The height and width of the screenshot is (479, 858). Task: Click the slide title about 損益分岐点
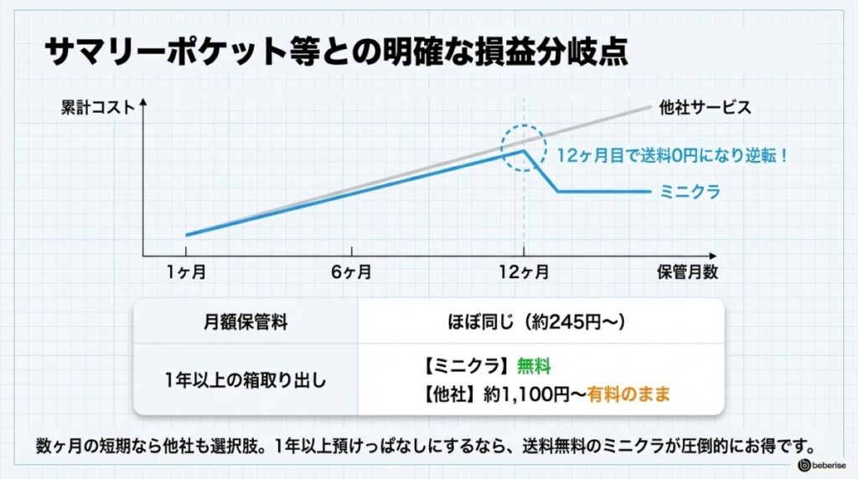335,51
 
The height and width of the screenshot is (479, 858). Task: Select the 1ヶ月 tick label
185,272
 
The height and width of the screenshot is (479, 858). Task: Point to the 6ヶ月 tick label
351,272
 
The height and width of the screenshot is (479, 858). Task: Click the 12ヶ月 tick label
524,272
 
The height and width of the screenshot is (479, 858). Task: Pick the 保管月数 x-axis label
687,272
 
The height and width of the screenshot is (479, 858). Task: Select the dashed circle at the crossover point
525,147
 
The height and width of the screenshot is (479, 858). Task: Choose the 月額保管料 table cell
246,322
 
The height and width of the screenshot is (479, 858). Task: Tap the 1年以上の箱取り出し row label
246,379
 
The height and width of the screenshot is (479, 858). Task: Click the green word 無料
534,367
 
